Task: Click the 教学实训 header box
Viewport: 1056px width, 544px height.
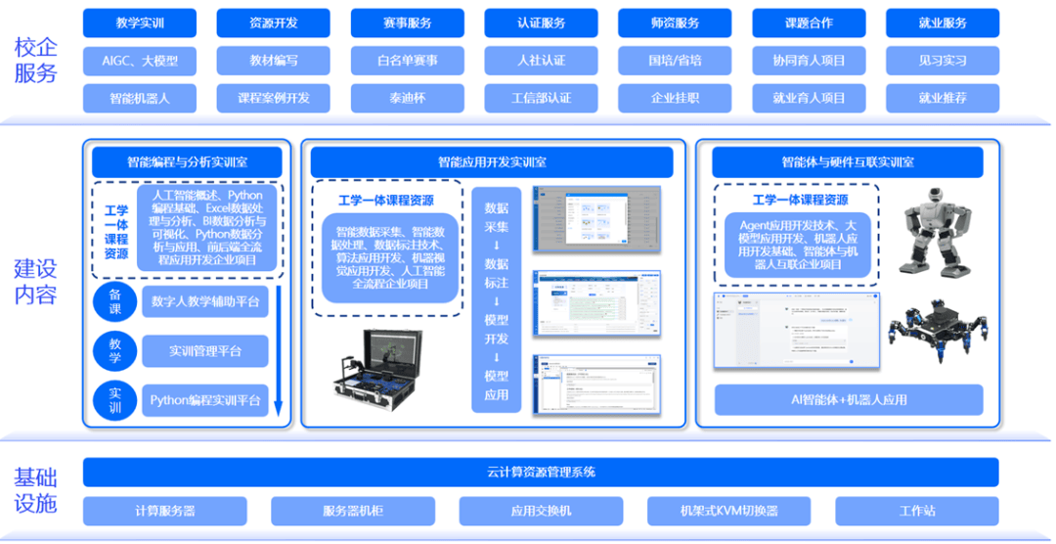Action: coord(140,23)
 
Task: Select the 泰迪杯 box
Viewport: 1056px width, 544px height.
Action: coord(407,98)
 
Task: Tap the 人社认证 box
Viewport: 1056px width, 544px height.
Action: coord(541,61)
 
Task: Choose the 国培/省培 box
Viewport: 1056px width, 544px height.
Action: coord(675,61)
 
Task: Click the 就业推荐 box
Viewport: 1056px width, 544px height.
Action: coord(943,98)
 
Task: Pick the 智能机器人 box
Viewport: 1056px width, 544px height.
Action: coord(140,98)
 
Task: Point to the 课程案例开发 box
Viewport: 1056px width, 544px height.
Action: coord(273,98)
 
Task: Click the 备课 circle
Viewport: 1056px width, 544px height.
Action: coord(115,302)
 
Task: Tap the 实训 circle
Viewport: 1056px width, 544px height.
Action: coord(115,400)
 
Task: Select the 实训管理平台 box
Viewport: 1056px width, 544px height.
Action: coord(204,350)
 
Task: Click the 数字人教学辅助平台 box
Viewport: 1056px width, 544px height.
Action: coord(204,302)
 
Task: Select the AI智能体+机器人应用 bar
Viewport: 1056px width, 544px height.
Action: coord(848,399)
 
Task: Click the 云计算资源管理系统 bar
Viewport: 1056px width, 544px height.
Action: coord(541,473)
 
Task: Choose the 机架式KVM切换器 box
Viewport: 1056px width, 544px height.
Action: coord(729,511)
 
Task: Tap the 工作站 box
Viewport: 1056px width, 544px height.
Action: coord(917,511)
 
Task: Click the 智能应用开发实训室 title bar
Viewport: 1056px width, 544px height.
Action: coord(492,162)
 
